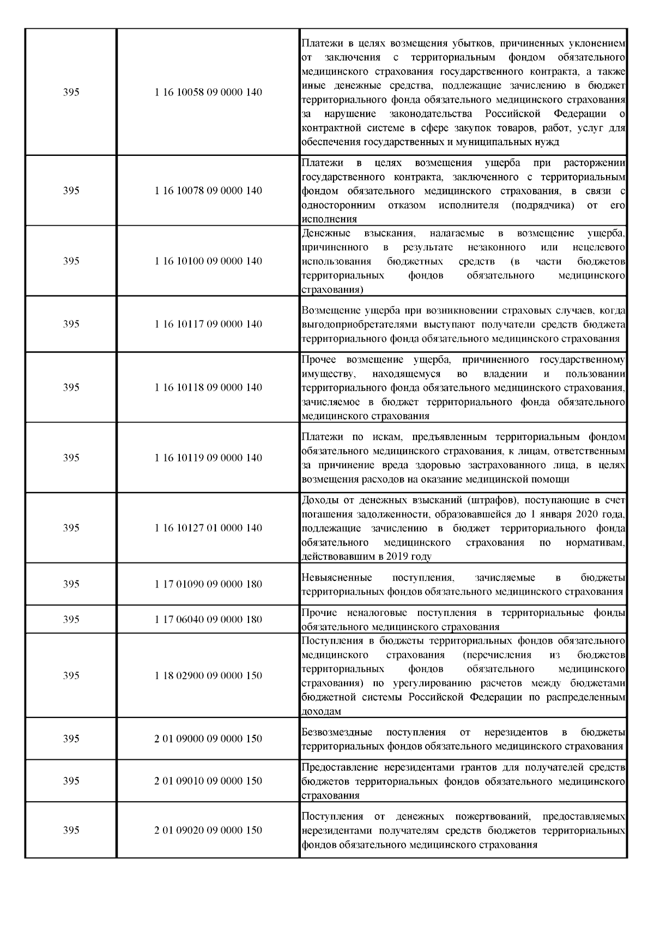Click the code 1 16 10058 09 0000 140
[x=208, y=93]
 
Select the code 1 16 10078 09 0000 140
[x=208, y=191]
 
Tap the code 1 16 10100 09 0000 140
[x=208, y=261]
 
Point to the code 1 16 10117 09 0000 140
[x=208, y=324]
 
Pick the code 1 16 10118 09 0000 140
[x=208, y=388]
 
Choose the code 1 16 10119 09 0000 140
[x=208, y=458]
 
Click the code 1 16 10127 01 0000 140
[x=208, y=528]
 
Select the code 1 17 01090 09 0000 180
[x=208, y=584]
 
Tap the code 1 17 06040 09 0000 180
[x=208, y=620]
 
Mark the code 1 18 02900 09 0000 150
[x=208, y=676]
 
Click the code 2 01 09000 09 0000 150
[x=208, y=739]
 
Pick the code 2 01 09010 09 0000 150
[x=208, y=781]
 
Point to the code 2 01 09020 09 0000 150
[x=208, y=831]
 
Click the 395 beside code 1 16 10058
[x=71, y=93]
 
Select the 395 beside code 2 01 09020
[x=71, y=831]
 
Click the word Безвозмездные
[x=337, y=733]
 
